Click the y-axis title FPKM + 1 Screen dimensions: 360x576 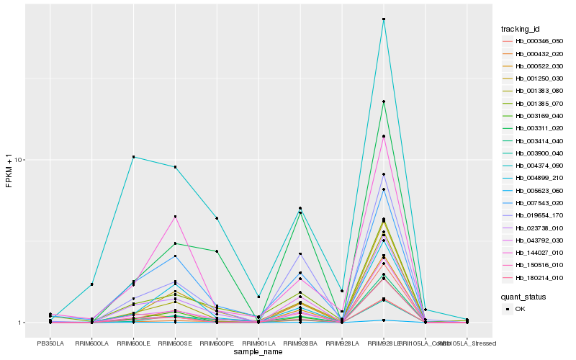(9, 170)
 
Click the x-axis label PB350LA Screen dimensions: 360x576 (50, 343)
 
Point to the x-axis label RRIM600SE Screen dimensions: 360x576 (175, 343)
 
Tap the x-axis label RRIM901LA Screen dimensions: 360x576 (258, 343)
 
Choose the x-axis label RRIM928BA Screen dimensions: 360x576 (300, 343)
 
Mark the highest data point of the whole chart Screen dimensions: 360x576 (384, 19)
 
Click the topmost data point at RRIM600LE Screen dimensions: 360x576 (134, 157)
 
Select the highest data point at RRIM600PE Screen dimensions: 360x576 (217, 218)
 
